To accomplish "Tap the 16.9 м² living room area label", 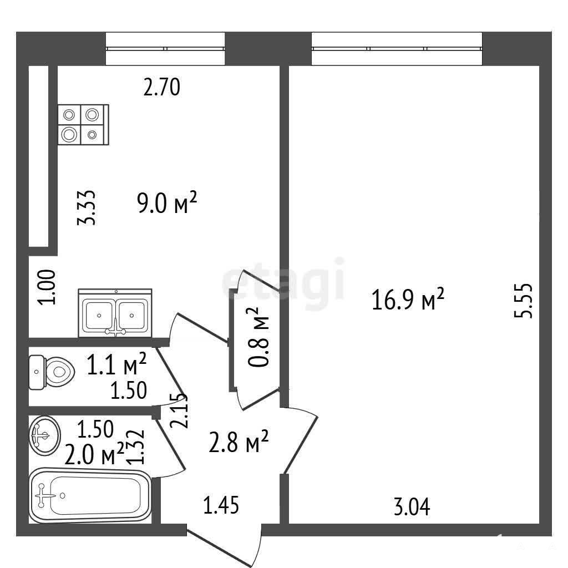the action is [x=408, y=299].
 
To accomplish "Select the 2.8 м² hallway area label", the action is [x=239, y=442].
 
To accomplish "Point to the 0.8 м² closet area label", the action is [x=258, y=337].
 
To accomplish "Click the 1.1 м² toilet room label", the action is [x=116, y=364].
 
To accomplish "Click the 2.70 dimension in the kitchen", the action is [x=161, y=87].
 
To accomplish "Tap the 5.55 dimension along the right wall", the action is [x=524, y=301].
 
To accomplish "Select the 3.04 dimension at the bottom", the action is [x=412, y=507].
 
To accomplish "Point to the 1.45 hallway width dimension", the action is [x=221, y=505].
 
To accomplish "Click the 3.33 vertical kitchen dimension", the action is [x=87, y=208].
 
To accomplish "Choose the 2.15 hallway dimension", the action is [x=179, y=411].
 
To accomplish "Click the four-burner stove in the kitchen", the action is [x=83, y=125].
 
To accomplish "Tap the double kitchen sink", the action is [x=115, y=313].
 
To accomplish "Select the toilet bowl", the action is [x=52, y=372].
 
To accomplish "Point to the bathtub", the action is [x=90, y=495].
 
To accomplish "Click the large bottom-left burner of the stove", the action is [x=69, y=135].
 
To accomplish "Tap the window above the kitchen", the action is [x=165, y=49].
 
